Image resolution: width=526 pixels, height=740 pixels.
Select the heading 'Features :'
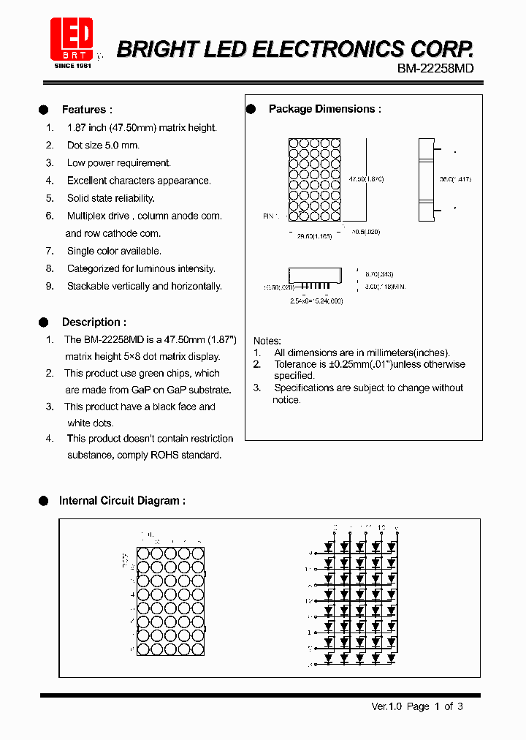tap(87, 110)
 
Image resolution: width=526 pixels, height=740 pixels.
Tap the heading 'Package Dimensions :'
tap(325, 109)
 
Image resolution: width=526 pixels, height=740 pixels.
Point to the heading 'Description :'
tap(94, 322)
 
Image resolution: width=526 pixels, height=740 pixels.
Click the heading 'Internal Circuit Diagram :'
tap(122, 501)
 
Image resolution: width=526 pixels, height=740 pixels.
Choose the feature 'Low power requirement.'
tap(118, 163)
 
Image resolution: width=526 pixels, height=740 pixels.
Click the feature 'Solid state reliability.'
tap(110, 198)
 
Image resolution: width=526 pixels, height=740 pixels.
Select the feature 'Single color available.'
tap(114, 251)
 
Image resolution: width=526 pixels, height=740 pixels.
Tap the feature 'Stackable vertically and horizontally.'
tap(144, 286)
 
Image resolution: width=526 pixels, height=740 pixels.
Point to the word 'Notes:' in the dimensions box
tap(267, 341)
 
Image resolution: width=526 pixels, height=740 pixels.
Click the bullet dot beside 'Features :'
tap(43, 110)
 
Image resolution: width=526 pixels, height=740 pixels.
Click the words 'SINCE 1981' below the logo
tap(72, 66)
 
